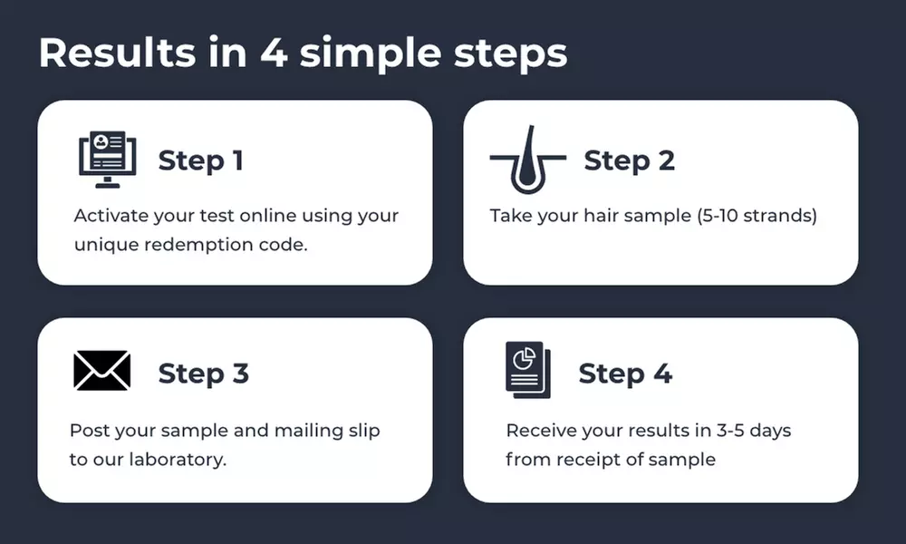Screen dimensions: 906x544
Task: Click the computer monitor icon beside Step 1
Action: (x=108, y=160)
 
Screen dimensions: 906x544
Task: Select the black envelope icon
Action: (x=102, y=371)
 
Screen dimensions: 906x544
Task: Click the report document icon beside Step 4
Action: (x=528, y=370)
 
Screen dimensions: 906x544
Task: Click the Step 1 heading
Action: (x=200, y=160)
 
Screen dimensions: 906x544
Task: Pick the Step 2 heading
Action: (x=630, y=160)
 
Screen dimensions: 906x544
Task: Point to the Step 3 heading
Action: (x=203, y=374)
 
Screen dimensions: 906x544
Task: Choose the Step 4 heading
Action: (x=625, y=374)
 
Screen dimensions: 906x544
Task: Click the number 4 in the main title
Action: (x=274, y=53)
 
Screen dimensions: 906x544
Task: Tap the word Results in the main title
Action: (x=117, y=53)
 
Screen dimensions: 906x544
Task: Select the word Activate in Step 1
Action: (x=111, y=216)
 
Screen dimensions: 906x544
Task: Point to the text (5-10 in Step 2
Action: (x=717, y=216)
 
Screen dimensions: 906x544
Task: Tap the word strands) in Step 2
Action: (x=780, y=216)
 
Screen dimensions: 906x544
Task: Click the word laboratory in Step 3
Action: (x=178, y=460)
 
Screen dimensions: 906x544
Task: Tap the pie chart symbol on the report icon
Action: (x=524, y=359)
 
